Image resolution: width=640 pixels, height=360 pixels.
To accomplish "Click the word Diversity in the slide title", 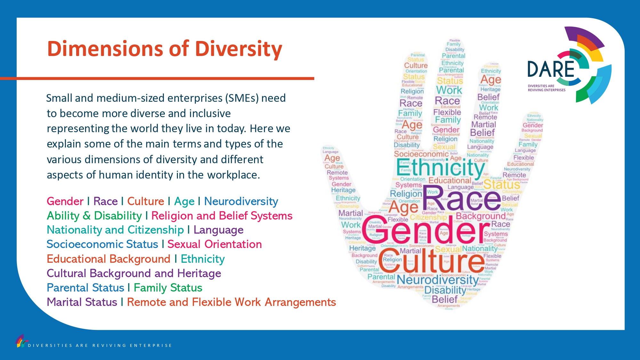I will point(238,49).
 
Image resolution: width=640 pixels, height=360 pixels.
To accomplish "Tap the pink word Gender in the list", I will point(65,201).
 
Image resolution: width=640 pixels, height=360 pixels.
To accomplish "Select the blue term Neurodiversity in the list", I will point(241,201).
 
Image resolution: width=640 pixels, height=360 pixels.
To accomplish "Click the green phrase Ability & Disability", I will point(94,216).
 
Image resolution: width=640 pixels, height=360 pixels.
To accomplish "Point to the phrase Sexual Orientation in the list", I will point(214,244).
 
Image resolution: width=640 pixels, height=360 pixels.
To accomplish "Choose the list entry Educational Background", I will point(108,259).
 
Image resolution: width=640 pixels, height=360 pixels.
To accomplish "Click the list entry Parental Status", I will point(85,288).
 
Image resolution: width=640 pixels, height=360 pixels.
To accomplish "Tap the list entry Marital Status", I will point(82,302).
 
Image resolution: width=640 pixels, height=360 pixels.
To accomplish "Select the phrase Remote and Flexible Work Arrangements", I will point(231,302).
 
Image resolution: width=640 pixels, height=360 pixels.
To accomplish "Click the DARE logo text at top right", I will point(551,69).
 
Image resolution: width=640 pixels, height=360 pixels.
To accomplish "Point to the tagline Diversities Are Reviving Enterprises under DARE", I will point(547,88).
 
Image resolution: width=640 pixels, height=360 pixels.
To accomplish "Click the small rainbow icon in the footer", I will point(21,341).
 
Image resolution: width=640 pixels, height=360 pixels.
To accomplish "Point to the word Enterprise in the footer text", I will point(151,346).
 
